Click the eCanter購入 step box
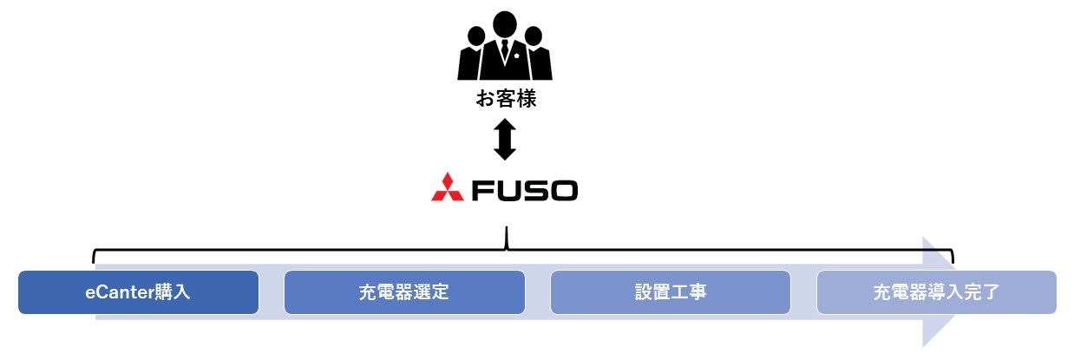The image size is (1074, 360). [x=138, y=292]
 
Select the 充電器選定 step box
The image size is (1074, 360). [x=404, y=292]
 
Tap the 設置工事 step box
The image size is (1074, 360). [x=671, y=292]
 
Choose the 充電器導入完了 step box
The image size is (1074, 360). [x=937, y=292]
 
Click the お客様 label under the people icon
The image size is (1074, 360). [x=506, y=100]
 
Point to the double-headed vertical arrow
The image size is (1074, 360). [x=505, y=140]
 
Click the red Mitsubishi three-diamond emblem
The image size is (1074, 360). [x=449, y=188]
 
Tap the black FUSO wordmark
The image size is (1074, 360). [x=523, y=189]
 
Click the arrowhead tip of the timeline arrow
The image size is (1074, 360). [x=953, y=292]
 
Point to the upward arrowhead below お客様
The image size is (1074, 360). [x=505, y=125]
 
